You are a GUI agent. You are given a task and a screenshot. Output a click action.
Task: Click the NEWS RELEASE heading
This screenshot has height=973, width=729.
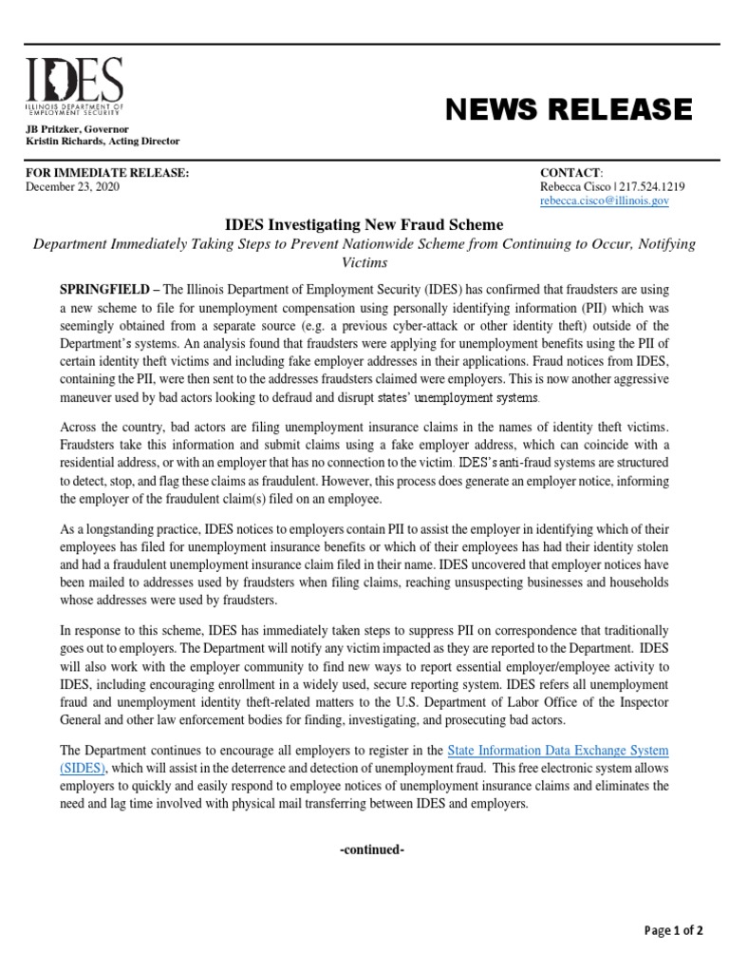(569, 110)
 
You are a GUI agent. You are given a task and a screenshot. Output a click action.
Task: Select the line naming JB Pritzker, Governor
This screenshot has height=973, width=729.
(77, 128)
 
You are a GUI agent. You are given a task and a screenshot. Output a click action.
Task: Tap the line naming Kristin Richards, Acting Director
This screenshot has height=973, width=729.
(102, 141)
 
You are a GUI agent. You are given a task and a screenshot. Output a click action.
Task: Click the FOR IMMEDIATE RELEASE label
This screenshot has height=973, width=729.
(106, 172)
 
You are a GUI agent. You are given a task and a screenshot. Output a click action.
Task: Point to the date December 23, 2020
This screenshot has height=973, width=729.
(72, 187)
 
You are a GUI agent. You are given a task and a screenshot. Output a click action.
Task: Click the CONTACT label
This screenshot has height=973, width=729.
(570, 172)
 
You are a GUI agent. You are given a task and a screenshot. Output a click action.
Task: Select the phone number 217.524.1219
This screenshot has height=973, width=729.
(652, 187)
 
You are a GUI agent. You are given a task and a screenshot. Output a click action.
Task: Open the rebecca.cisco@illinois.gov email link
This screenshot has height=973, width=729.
(605, 201)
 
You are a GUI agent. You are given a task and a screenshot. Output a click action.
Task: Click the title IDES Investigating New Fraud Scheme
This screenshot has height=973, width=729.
(364, 224)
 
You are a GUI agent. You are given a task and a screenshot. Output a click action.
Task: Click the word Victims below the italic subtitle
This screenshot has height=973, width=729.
(364, 261)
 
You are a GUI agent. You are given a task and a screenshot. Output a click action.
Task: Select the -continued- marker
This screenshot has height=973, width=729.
(372, 849)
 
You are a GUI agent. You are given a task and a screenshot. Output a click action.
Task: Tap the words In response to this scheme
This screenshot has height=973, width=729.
(107, 631)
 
